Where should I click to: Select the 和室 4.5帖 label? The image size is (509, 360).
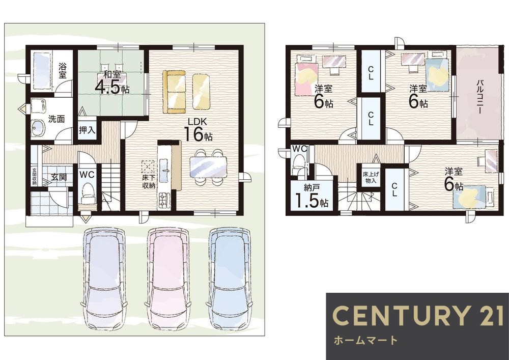(112, 83)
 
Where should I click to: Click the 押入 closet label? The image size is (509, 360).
(87, 130)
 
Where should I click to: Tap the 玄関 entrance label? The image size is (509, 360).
(59, 177)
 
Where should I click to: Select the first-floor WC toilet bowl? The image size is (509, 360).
(88, 191)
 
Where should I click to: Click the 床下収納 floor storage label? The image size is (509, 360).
(149, 181)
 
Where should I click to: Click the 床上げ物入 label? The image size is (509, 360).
(371, 177)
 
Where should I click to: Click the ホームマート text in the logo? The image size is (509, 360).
(365, 340)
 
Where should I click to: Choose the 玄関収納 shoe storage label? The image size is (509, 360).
(34, 176)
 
